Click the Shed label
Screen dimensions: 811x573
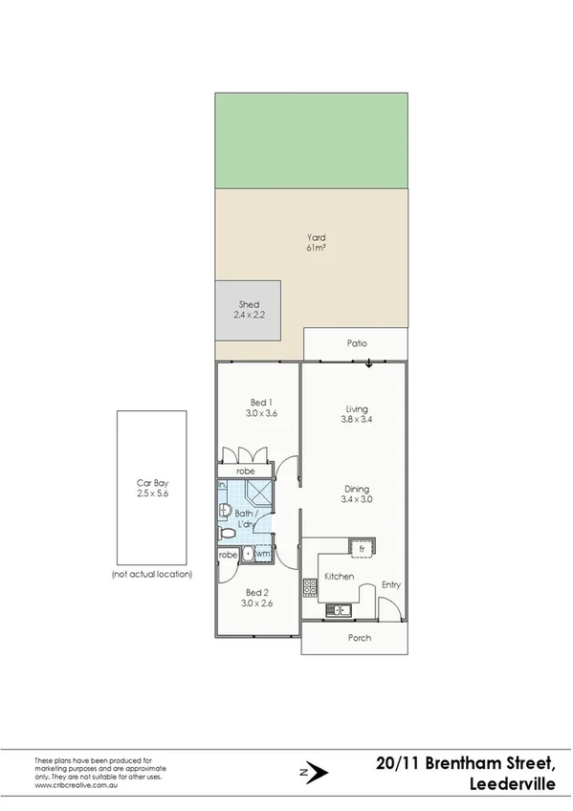[x=248, y=304]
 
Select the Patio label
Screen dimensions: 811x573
[x=357, y=343]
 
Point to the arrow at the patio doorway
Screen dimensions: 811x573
[x=368, y=362]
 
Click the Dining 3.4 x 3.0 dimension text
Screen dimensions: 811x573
[x=359, y=498]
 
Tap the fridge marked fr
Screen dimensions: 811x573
[x=362, y=548]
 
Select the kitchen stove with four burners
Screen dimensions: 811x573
[x=310, y=587]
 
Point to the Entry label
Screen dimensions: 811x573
[x=391, y=584]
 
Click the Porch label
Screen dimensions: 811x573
[x=359, y=638]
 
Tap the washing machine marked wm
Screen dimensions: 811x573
[x=263, y=554]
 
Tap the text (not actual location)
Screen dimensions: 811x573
[x=151, y=574]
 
